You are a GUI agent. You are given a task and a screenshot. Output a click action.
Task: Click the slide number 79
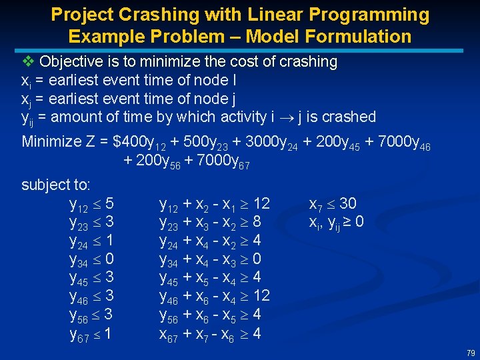(471, 352)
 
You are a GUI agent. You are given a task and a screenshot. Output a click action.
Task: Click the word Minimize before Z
(54, 141)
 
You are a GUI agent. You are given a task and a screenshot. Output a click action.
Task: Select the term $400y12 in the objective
(143, 143)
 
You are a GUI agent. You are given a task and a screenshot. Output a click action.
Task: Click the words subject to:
(56, 184)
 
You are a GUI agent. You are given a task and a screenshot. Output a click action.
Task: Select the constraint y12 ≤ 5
(91, 203)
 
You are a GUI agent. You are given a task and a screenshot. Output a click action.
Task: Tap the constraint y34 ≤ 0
(91, 259)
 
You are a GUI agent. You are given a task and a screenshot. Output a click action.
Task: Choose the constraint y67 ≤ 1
(91, 333)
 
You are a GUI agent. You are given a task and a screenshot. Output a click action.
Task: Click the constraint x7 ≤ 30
(333, 203)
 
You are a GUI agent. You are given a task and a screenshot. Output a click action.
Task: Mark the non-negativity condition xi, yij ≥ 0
(336, 221)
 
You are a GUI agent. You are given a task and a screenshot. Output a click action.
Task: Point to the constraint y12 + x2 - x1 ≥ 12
(214, 203)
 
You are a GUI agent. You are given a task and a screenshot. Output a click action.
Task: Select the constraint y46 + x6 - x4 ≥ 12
(214, 296)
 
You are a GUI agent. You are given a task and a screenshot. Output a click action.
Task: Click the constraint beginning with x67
(210, 333)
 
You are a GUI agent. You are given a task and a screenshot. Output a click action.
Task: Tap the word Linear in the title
(251, 14)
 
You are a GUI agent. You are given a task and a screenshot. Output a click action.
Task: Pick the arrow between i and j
(284, 117)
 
